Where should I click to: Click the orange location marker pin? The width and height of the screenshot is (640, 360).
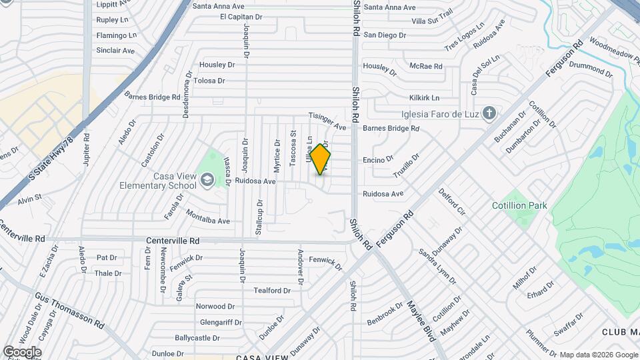pyautogui.click(x=321, y=159)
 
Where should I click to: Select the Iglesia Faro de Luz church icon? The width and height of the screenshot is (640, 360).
pyautogui.click(x=489, y=113)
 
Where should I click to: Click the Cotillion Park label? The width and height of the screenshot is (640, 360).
pyautogui.click(x=519, y=205)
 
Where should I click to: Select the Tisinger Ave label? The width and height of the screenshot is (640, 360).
pyautogui.click(x=327, y=121)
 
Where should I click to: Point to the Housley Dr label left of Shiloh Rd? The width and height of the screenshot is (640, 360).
pyautogui.click(x=217, y=65)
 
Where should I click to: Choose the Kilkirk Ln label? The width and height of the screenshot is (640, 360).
pyautogui.click(x=425, y=97)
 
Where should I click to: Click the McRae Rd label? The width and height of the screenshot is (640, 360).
pyautogui.click(x=426, y=66)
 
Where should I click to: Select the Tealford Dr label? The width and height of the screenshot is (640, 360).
pyautogui.click(x=272, y=291)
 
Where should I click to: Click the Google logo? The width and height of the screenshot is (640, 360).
pyautogui.click(x=22, y=352)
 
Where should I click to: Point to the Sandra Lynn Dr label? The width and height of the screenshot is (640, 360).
pyautogui.click(x=432, y=266)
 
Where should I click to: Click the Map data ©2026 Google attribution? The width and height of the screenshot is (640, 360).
pyautogui.click(x=598, y=355)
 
